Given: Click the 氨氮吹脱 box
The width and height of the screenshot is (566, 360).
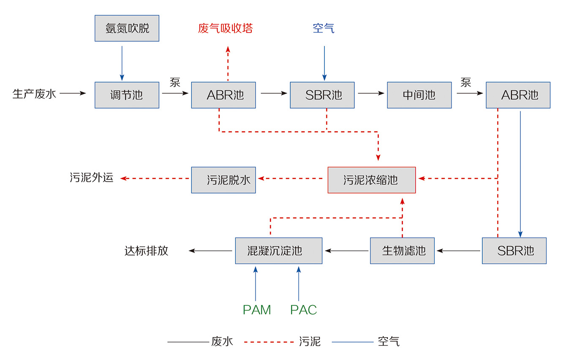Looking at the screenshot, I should [x=127, y=28].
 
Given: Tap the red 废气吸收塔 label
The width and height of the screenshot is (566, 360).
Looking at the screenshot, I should [x=226, y=28].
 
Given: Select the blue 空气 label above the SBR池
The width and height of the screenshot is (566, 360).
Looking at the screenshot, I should [x=324, y=28].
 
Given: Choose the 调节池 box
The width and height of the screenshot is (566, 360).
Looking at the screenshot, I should [x=127, y=95].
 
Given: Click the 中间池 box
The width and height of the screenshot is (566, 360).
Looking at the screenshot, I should [x=419, y=95].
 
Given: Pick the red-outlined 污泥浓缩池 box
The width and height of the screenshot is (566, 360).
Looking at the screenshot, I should [x=371, y=180].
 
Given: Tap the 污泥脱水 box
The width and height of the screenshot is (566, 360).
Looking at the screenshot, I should [x=223, y=180].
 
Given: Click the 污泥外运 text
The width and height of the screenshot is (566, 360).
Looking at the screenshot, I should [x=92, y=178].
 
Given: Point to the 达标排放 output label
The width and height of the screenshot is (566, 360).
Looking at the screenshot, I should [x=146, y=251].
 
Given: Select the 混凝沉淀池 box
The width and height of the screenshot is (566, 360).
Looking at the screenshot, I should [x=278, y=251].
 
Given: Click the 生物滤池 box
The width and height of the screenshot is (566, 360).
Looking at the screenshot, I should [x=402, y=251].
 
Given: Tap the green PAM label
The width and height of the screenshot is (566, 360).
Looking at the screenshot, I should [x=256, y=310].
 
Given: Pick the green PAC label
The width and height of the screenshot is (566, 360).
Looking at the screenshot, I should [x=303, y=310].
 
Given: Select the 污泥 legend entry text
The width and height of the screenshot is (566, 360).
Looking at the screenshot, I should [x=310, y=341].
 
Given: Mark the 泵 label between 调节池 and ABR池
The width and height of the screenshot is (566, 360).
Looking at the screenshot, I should [x=175, y=82].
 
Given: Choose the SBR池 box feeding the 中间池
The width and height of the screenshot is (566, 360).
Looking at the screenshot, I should [x=322, y=95].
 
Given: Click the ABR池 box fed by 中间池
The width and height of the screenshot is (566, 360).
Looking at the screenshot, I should [x=518, y=95].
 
